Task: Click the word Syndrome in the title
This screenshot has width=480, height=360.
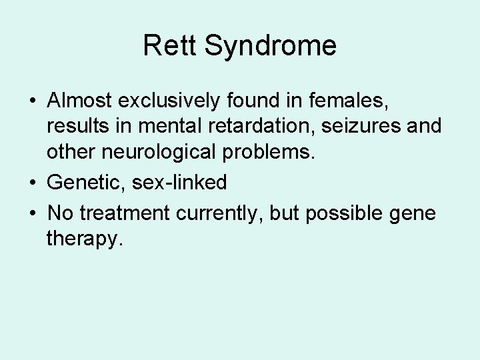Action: click(x=270, y=46)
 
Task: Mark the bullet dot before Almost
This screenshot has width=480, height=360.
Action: click(x=33, y=101)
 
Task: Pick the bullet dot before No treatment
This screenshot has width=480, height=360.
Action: click(x=33, y=215)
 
